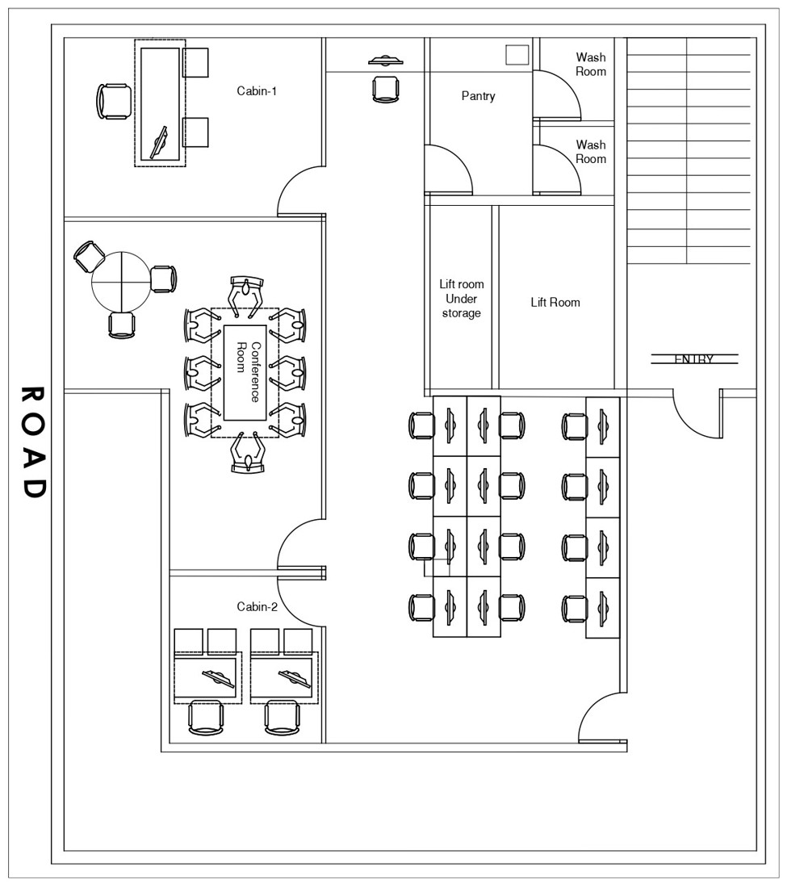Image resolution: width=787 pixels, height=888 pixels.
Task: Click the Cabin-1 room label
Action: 257,91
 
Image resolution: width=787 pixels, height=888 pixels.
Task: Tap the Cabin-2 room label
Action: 257,607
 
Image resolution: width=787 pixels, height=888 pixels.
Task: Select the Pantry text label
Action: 478,96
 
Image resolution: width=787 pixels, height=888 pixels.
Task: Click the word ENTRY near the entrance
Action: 693,359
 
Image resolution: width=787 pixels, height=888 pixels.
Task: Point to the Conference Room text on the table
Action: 249,372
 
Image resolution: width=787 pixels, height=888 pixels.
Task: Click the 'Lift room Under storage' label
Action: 461,299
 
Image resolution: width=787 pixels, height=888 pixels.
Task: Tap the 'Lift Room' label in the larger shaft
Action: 555,303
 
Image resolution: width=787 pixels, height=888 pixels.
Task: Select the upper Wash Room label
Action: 590,65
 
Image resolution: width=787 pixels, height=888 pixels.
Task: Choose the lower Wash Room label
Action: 590,152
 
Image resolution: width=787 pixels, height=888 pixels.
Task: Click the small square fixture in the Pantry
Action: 517,55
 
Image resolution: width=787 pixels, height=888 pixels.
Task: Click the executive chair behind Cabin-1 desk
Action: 113,102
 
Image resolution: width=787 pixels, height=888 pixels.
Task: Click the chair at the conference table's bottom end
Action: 247,454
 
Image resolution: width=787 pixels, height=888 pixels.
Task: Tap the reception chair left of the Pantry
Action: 386,88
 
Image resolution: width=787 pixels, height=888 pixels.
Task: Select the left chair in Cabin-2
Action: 206,717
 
